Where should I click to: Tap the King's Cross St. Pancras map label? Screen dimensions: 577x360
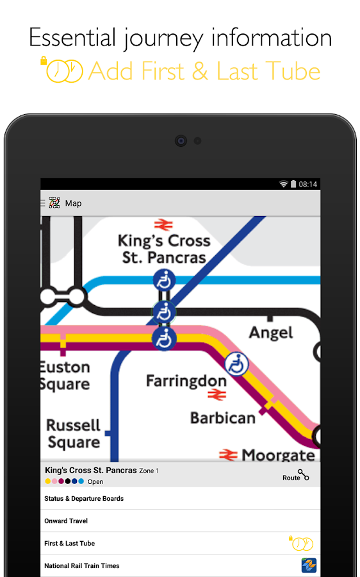[164, 249]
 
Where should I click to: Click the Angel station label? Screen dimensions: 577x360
[271, 333]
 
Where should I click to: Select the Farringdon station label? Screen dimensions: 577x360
[186, 381]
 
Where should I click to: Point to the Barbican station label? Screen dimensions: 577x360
[223, 418]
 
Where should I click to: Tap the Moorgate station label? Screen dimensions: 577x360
[278, 455]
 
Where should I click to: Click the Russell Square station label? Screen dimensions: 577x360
[73, 434]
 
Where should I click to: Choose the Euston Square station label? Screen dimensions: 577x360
[65, 376]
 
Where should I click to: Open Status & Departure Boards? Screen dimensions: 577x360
[84, 499]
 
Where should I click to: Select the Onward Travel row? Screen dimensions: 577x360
[66, 521]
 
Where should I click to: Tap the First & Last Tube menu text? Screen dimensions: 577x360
[69, 544]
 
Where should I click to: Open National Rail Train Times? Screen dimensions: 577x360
[82, 566]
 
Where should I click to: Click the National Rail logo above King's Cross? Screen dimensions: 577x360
[163, 224]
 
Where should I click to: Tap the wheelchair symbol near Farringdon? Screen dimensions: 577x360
[236, 364]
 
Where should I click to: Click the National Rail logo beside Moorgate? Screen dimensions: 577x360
[228, 455]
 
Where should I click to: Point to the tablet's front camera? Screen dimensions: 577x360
[181, 140]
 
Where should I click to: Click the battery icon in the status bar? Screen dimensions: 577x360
[293, 184]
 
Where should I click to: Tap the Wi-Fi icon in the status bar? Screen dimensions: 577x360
[283, 184]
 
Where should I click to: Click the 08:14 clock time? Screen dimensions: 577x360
[308, 184]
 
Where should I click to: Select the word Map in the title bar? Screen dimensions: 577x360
[73, 203]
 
